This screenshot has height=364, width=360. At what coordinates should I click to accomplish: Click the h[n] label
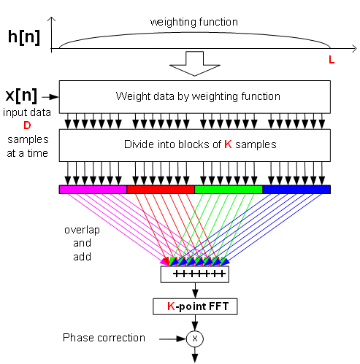(x=24, y=37)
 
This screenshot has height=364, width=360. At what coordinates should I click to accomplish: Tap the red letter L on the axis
(x=332, y=60)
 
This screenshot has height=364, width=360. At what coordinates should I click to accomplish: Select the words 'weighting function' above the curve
(x=194, y=22)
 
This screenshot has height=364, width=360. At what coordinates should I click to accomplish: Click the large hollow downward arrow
(x=195, y=63)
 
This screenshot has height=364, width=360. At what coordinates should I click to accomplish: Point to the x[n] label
(x=21, y=96)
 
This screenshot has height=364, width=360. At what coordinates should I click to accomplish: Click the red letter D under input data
(x=27, y=125)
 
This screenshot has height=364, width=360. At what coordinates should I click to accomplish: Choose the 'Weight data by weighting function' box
(x=195, y=97)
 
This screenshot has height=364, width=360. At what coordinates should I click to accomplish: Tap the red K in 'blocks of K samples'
(x=228, y=144)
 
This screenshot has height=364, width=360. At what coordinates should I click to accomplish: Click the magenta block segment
(x=93, y=190)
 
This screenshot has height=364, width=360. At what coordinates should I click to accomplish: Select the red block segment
(x=161, y=190)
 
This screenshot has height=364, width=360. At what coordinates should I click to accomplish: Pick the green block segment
(x=229, y=190)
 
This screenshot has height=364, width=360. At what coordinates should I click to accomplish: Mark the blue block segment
(x=296, y=190)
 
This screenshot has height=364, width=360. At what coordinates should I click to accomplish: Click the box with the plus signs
(x=195, y=274)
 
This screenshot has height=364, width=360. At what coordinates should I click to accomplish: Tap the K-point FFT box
(x=195, y=306)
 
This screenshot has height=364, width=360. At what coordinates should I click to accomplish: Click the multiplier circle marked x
(x=195, y=338)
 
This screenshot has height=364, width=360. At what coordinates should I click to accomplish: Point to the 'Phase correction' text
(x=104, y=338)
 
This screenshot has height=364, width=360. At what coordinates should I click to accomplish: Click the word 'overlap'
(x=83, y=231)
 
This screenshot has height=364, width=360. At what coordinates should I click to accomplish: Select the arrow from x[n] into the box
(x=50, y=97)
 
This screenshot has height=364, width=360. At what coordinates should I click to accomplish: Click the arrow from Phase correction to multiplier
(x=173, y=338)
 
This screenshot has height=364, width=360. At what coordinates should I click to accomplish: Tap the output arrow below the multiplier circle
(x=195, y=355)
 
